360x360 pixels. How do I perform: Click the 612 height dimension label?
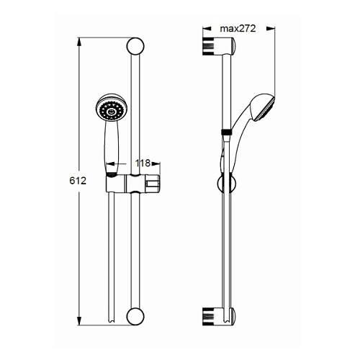(x=78, y=181)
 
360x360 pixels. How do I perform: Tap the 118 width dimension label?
(x=143, y=163)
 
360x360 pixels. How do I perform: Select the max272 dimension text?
(x=238, y=29)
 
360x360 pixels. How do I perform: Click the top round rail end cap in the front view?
(x=135, y=46)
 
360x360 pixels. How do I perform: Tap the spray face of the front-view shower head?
(x=111, y=111)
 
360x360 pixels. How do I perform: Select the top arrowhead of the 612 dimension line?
(x=79, y=42)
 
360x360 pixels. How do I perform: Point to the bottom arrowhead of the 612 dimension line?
(x=79, y=320)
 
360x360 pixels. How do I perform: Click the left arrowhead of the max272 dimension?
(x=207, y=29)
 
